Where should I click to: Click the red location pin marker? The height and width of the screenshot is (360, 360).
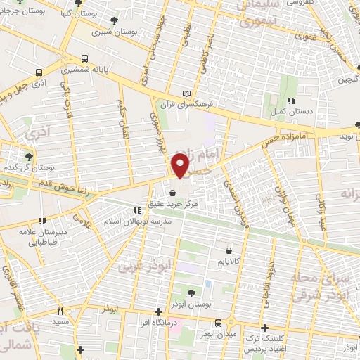coord(181,166)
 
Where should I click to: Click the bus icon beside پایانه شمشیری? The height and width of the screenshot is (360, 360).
coord(85,59)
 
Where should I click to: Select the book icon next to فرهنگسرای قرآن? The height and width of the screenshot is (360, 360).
coord(186,94)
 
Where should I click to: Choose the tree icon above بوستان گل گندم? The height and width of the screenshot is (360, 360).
coord(29,157)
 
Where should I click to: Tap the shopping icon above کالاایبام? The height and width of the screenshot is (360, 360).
coord(229,249)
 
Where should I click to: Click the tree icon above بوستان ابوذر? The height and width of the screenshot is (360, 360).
coord(191,293)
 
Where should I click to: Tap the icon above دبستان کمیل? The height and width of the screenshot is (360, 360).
coord(290,101)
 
